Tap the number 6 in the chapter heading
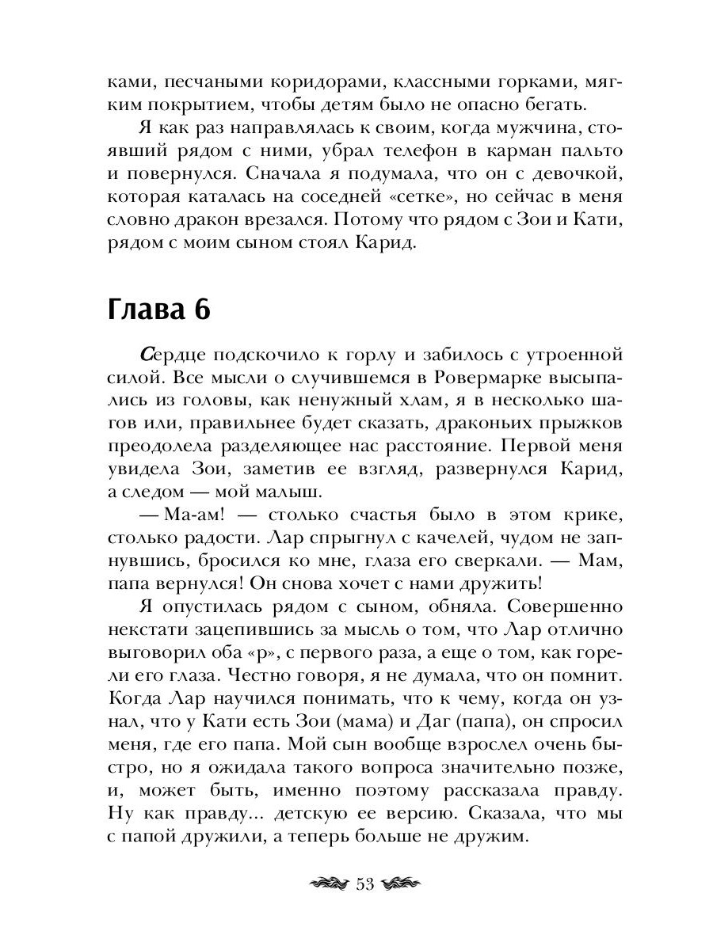coord(200,310)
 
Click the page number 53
coord(365,885)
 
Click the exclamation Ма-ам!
coord(183,515)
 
